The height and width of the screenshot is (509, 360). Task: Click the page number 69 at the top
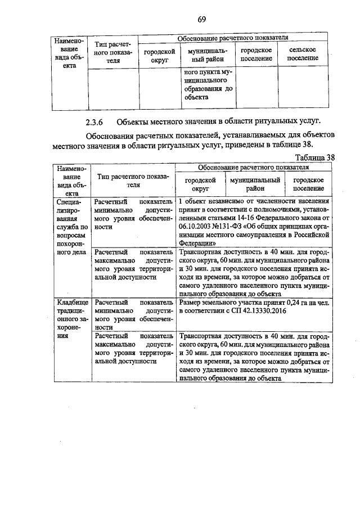(201, 21)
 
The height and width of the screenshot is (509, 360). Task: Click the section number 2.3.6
(96, 121)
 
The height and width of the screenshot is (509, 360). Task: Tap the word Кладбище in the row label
(69, 303)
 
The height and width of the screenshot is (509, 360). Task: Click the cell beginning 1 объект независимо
(253, 222)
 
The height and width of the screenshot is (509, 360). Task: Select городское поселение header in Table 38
(307, 184)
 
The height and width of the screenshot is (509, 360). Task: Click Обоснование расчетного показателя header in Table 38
(253, 167)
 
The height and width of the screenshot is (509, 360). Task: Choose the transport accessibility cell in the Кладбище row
(253, 357)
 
